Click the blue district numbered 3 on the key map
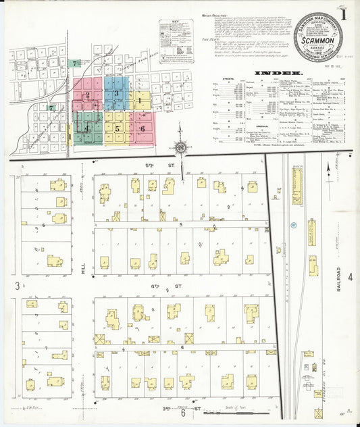tap(118, 93)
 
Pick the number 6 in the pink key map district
tap(143, 128)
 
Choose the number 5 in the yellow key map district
tap(117, 128)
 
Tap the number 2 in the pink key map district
tap(86, 95)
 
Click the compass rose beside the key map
tap(180, 147)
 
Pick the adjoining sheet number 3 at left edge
tap(17, 286)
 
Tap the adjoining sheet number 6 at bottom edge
tap(183, 413)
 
